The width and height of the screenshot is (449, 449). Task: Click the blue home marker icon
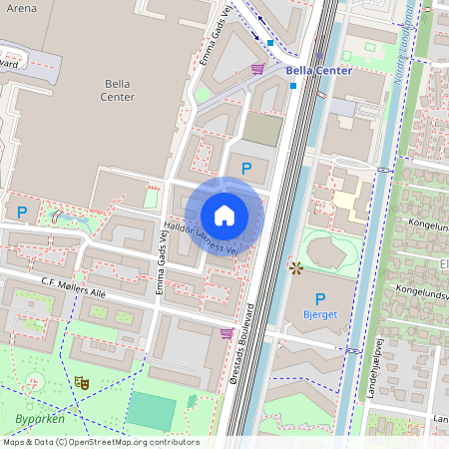(224, 216)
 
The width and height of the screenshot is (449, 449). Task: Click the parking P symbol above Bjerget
(320, 299)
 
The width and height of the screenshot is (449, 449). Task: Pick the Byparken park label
(41, 419)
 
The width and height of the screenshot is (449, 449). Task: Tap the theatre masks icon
(82, 382)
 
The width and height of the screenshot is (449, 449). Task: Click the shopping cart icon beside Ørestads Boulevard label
(226, 333)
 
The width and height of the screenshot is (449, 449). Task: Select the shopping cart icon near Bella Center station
(257, 68)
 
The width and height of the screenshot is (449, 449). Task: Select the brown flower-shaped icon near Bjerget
(295, 267)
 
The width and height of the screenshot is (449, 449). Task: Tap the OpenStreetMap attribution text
(101, 442)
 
